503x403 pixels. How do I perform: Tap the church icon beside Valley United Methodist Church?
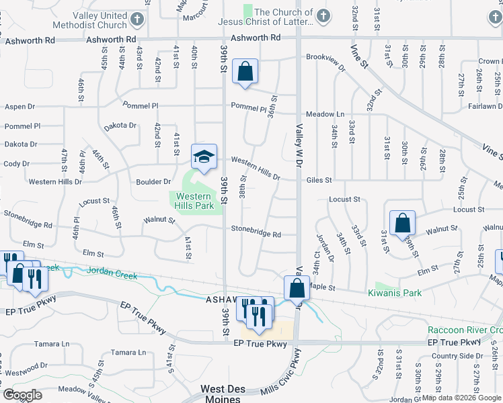click(137, 18)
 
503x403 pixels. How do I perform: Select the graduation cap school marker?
click(204, 157)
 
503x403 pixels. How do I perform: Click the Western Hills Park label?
click(195, 201)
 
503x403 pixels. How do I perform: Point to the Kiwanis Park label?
click(394, 293)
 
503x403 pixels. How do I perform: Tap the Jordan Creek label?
click(112, 275)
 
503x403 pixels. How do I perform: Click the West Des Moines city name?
click(221, 394)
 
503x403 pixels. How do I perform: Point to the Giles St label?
click(319, 180)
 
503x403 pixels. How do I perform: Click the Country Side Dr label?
click(457, 356)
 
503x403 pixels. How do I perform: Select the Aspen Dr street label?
click(20, 107)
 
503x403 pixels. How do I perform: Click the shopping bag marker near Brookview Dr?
click(245, 72)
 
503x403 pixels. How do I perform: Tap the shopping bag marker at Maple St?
click(297, 289)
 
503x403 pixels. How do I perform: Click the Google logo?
click(22, 395)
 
